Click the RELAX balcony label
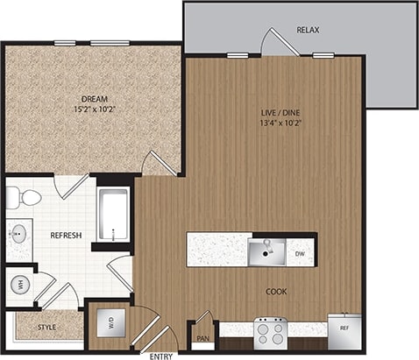coord(308,31)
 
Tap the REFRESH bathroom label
coord(66,236)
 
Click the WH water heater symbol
coord(18,284)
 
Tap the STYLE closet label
coord(47,328)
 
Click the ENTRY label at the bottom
coord(161,355)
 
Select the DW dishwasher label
coord(301,255)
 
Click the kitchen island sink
coord(264,252)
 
